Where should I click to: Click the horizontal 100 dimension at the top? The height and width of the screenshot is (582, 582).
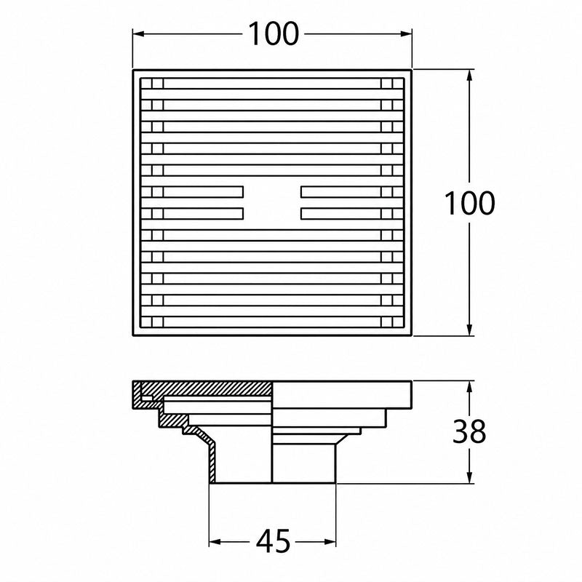pos(273,33)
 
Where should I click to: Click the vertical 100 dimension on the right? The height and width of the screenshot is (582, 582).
pos(469,203)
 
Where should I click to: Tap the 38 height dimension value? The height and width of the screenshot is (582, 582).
pos(469,431)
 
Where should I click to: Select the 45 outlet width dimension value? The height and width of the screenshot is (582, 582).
pos(273,541)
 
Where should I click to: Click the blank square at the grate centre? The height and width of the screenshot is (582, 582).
pos(272,202)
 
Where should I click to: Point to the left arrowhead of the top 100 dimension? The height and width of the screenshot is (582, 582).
pos(138,33)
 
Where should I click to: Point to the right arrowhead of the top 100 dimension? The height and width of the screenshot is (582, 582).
pos(407,33)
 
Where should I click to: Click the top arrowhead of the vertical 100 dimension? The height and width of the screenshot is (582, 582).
pos(469,75)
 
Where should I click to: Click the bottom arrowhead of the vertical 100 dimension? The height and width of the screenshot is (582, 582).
pos(469,330)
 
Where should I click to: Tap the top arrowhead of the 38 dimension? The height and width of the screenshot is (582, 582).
pos(469,386)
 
